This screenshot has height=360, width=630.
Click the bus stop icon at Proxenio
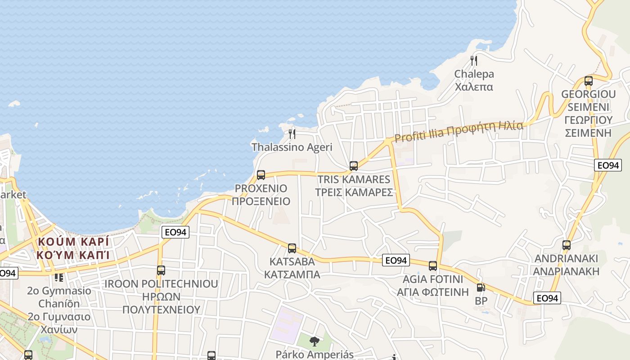click(x=261, y=175)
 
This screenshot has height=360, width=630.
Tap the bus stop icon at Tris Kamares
click(x=354, y=166)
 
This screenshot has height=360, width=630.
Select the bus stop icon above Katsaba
click(x=292, y=248)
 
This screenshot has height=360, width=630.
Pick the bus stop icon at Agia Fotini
click(x=433, y=266)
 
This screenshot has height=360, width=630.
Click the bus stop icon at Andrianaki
click(x=567, y=245)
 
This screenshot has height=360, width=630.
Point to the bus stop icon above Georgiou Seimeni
click(x=589, y=81)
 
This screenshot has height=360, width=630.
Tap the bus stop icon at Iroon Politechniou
click(x=161, y=270)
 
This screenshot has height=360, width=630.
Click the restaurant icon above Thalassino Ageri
click(x=292, y=134)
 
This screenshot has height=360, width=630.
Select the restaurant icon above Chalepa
click(x=473, y=60)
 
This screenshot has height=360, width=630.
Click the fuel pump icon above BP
click(x=481, y=288)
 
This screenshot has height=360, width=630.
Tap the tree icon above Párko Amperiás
click(x=315, y=342)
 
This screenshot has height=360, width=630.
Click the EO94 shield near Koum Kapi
click(x=175, y=232)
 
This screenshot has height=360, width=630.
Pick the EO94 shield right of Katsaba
click(x=396, y=260)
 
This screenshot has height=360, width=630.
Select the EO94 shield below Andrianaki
click(x=548, y=298)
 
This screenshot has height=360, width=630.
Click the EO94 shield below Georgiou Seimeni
click(x=608, y=165)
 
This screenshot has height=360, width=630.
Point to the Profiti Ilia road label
click(x=459, y=130)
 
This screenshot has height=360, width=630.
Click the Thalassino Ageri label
click(x=292, y=147)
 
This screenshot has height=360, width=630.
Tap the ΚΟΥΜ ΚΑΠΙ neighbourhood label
click(x=74, y=255)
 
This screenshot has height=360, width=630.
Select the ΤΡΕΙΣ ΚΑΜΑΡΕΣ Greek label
click(x=354, y=192)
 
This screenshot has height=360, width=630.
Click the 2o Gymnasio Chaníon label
click(x=59, y=297)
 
